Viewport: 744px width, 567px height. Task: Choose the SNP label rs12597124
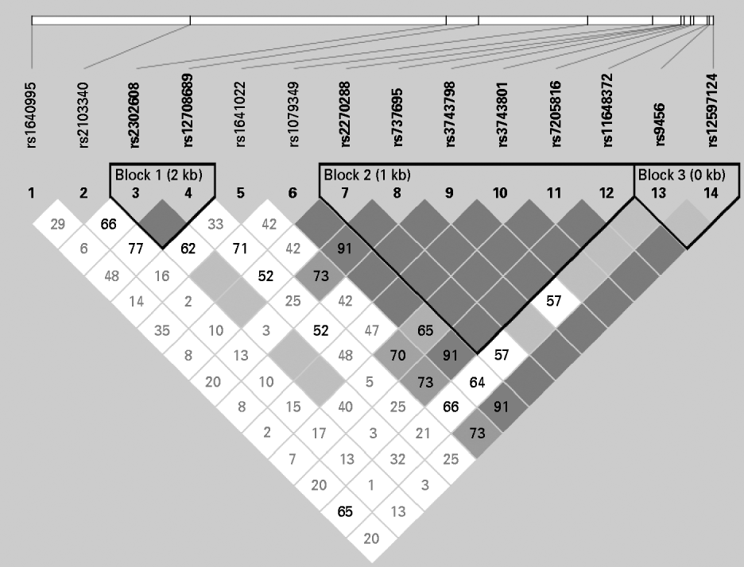click(712, 111)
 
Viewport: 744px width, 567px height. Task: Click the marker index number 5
click(241, 192)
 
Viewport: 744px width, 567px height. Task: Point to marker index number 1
click(33, 192)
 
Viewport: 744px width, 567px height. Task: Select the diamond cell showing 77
click(136, 249)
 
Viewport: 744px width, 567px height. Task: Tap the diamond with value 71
click(240, 249)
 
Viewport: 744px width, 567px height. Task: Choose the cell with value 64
click(476, 381)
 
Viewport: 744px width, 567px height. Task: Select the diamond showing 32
click(397, 459)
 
